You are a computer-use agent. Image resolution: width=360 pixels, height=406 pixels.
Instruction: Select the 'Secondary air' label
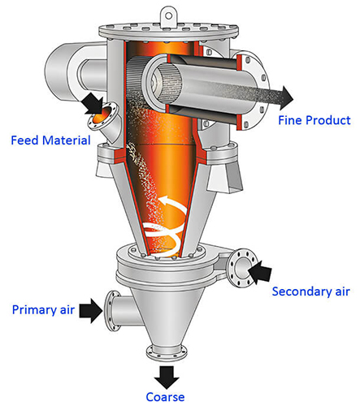coord(311,291)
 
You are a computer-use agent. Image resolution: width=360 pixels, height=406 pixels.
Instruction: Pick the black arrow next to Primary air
coord(91,309)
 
